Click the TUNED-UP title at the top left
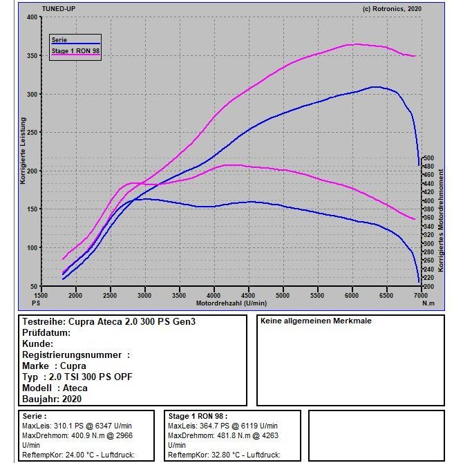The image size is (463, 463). tap(59, 9)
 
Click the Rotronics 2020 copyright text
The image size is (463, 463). tap(392, 9)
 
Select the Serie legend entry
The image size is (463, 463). tap(59, 39)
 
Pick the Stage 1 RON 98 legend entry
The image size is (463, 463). tap(75, 50)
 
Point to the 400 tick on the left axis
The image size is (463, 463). tap(32, 17)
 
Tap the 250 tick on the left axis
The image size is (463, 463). tap(32, 133)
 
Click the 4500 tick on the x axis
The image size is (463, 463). tap(248, 295)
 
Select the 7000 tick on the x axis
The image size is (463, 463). tap(420, 295)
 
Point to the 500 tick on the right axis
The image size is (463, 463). tap(428, 158)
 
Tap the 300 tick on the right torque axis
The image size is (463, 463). tap(428, 244)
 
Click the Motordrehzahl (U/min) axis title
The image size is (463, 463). tap(231, 303)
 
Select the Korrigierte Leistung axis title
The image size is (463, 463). tap(23, 151)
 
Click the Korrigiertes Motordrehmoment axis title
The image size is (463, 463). tap(441, 220)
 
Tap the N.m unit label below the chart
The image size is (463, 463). tap(428, 303)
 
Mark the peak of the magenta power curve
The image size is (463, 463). tap(357, 44)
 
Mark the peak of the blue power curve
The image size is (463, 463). tap(377, 87)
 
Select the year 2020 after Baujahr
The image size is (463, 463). tap(71, 399)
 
